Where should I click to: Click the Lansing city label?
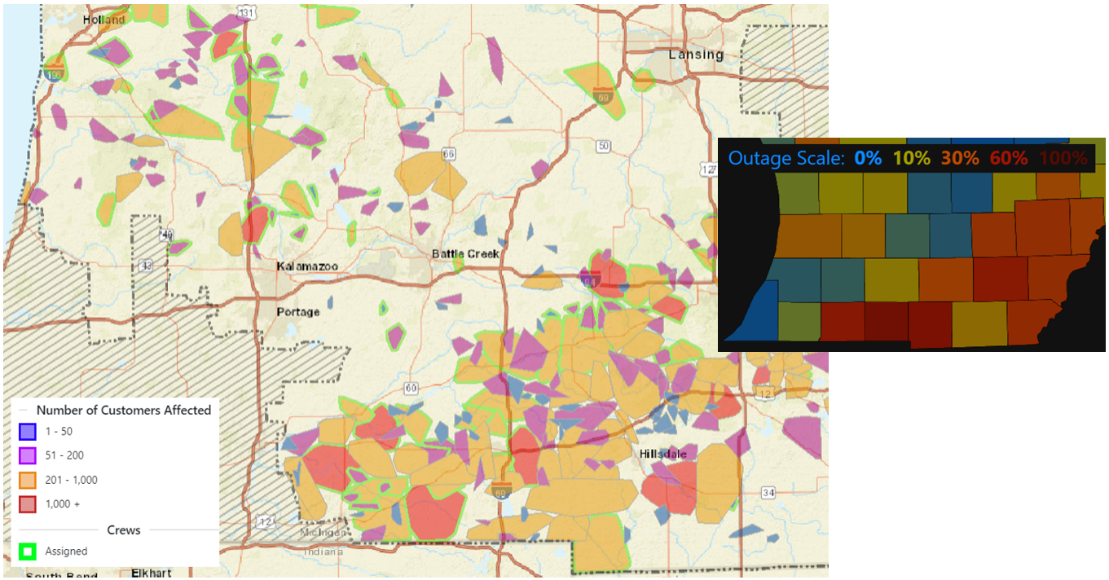click(x=695, y=55)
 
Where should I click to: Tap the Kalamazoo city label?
click(x=306, y=267)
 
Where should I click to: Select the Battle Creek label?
click(x=464, y=254)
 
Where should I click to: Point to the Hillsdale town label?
click(x=662, y=454)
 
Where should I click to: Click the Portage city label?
click(x=297, y=312)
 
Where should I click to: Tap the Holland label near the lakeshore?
click(x=103, y=20)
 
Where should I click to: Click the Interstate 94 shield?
click(x=591, y=280)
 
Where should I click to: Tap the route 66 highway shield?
click(x=448, y=154)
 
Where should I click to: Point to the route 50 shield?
click(x=602, y=146)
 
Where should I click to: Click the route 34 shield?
click(x=768, y=492)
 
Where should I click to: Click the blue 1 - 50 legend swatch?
click(x=28, y=432)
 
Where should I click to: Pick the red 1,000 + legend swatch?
click(x=28, y=504)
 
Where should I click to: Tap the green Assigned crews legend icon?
click(x=28, y=551)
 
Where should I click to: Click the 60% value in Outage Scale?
click(x=1008, y=158)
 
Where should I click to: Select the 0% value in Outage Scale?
click(x=867, y=158)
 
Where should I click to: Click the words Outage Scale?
click(x=786, y=158)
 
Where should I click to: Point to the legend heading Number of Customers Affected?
click(x=123, y=411)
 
